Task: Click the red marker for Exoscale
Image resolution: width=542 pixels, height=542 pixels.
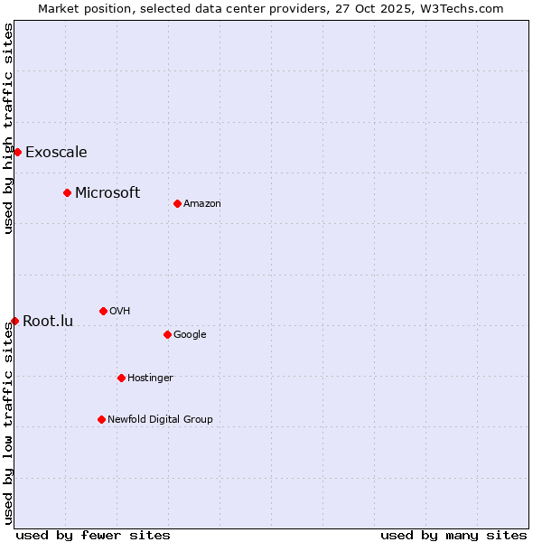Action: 17,152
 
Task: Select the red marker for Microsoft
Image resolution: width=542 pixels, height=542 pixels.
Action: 67,192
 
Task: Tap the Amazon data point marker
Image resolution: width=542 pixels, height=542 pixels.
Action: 177,203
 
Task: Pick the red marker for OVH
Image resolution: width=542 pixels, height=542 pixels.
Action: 103,311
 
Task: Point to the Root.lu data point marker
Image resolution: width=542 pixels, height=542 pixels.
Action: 14,321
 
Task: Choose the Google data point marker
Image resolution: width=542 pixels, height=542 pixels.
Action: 167,334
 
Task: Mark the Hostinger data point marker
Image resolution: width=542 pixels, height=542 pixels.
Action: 121,378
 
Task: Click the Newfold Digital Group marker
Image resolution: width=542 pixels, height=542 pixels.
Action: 101,419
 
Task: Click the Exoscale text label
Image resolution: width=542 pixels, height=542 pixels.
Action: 56,152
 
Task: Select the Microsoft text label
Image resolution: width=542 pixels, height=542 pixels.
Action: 107,192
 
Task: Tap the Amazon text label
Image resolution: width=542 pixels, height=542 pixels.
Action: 202,204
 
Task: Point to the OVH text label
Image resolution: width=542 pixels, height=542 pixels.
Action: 120,312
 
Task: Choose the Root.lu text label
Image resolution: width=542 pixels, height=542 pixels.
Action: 48,321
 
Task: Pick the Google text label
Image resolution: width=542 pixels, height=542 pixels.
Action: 190,335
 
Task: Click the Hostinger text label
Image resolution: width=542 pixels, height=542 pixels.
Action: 150,378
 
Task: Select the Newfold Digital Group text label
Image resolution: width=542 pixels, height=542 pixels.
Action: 160,419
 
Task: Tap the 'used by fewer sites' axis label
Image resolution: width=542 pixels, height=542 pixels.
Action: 93,535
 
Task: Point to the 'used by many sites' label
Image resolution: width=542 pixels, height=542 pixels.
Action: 453,535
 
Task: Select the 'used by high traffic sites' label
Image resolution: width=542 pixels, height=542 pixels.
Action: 8,128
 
